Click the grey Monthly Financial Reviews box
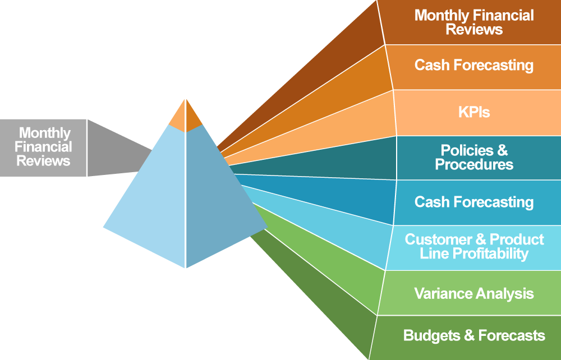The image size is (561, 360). tap(43, 147)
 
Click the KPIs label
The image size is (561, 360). tap(473, 112)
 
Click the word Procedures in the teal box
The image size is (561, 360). tap(474, 164)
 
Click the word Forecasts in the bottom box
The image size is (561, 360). tap(512, 336)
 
